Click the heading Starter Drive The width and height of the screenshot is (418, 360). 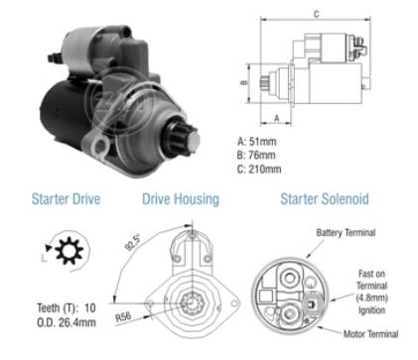tap(66, 199)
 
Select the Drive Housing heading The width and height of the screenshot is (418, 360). tap(181, 199)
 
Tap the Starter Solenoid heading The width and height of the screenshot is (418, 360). tap(325, 199)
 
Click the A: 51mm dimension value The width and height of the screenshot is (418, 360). tap(256, 142)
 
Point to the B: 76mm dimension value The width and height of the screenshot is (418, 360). tap(256, 155)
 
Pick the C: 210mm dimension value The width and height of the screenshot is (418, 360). tap(259, 169)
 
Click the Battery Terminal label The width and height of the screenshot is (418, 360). tap(346, 233)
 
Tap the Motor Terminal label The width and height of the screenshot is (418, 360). tap(370, 334)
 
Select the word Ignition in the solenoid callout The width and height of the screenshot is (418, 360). tap(371, 310)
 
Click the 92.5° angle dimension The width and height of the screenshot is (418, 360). tap(132, 242)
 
